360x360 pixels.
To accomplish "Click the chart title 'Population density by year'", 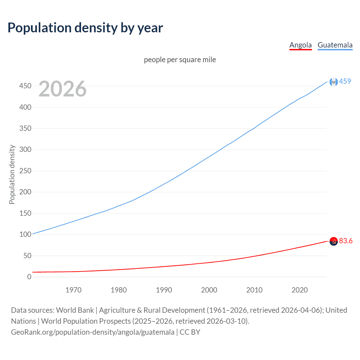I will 85,28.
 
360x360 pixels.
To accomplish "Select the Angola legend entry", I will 300,45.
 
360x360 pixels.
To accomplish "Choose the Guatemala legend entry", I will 335,45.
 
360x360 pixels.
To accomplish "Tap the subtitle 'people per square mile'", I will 180,60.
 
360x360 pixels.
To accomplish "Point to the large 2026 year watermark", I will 62,89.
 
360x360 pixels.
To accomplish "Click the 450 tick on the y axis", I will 25,86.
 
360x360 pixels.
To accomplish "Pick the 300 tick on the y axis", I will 25,149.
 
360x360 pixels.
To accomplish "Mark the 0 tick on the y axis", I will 29,277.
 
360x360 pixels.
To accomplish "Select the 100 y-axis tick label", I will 25,234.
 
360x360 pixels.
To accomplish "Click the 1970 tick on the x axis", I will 73,290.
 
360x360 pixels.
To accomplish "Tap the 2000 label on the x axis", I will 209,290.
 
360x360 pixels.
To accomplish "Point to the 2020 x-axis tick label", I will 300,290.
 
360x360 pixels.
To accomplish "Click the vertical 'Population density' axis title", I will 12,174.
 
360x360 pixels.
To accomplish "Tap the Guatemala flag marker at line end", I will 334,82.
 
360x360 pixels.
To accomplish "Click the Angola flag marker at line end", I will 334,241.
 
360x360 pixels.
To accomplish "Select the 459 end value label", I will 345,81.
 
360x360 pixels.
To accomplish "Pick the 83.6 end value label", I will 346,241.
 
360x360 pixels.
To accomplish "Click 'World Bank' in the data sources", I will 75,310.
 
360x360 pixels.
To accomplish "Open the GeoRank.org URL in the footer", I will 93,332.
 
